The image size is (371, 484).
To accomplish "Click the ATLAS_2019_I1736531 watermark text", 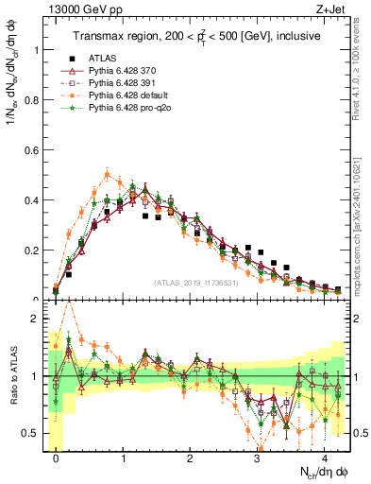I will pos(195,282).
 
